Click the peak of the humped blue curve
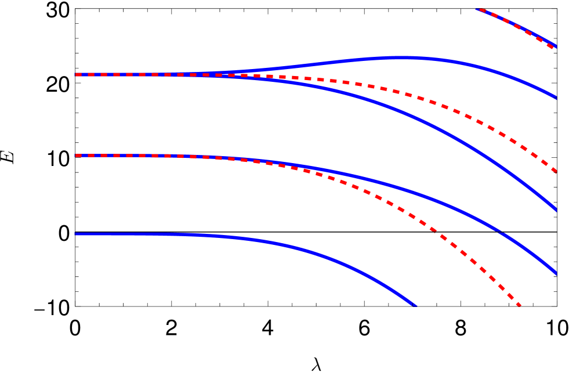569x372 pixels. click(406, 57)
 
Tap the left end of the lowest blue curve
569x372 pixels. click(75, 234)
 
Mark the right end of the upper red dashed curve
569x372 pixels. click(555, 171)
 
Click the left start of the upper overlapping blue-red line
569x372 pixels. click(76, 74)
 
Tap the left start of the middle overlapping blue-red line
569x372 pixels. click(76, 156)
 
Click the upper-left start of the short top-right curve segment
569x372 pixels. click(477, 9)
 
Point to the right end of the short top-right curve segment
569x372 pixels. click(555, 46)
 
